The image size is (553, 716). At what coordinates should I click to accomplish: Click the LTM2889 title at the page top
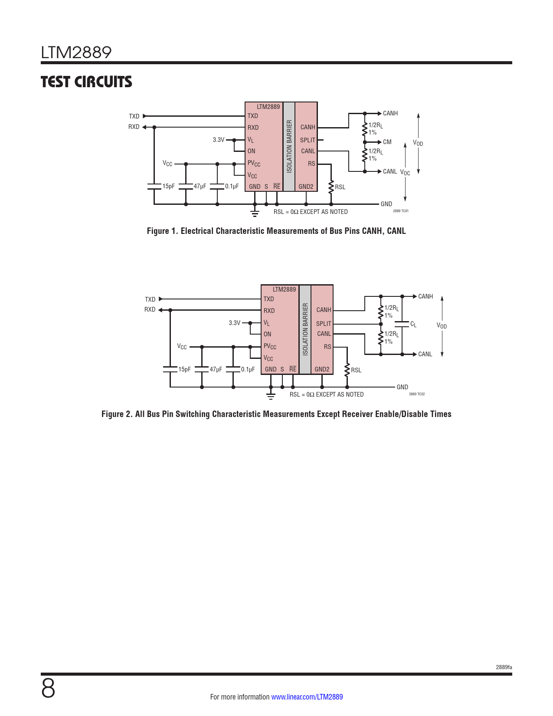point(76,53)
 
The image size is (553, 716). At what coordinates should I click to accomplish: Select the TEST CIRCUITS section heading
point(86,82)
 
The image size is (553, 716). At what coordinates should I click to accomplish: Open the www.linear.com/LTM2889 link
point(307,696)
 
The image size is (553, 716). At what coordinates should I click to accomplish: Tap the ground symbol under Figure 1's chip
point(255,213)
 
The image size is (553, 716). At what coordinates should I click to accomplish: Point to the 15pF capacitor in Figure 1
point(154,187)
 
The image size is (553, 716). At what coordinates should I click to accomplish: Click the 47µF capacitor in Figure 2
point(202,369)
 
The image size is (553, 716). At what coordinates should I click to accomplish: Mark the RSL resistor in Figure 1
point(331,187)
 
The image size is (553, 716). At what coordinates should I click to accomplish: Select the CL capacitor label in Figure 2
point(413,324)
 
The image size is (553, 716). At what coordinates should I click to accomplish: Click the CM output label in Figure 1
point(387,142)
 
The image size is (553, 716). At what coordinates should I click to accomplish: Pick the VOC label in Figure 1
point(405,172)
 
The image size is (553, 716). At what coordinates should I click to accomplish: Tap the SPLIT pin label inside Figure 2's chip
point(324,324)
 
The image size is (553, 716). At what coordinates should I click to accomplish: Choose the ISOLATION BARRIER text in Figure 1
point(289,146)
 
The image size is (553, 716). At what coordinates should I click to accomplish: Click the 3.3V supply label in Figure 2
point(235,323)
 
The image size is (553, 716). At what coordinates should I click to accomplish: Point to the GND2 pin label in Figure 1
point(306,187)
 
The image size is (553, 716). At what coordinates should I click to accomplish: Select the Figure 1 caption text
point(276,231)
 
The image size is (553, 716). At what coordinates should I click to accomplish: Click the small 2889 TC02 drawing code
point(417,394)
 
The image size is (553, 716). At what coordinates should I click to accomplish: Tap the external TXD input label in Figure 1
point(134,116)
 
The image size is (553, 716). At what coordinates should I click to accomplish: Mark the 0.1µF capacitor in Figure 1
point(217,187)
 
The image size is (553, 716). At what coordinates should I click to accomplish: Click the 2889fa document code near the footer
point(504,667)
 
